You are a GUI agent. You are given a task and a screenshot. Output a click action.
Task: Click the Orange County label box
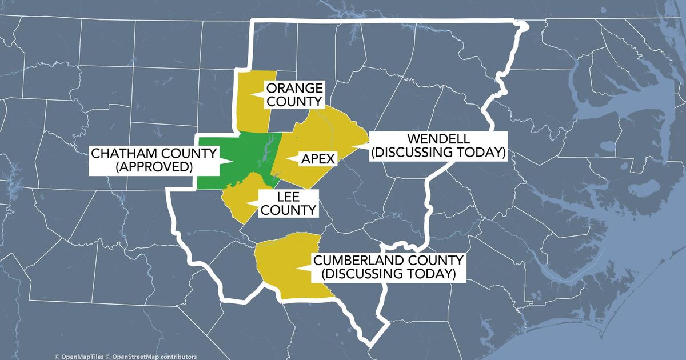(x=294, y=94)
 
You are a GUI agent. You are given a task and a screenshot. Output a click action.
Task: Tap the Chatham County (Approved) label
(x=154, y=161)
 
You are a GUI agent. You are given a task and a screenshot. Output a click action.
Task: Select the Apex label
(x=317, y=159)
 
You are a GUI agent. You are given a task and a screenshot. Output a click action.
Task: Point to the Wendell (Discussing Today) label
(x=438, y=146)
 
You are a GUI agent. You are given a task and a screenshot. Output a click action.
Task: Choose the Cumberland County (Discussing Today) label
(x=389, y=267)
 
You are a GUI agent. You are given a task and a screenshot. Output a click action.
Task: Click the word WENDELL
(x=438, y=139)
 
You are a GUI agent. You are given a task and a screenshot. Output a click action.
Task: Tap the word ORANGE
(x=294, y=88)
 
